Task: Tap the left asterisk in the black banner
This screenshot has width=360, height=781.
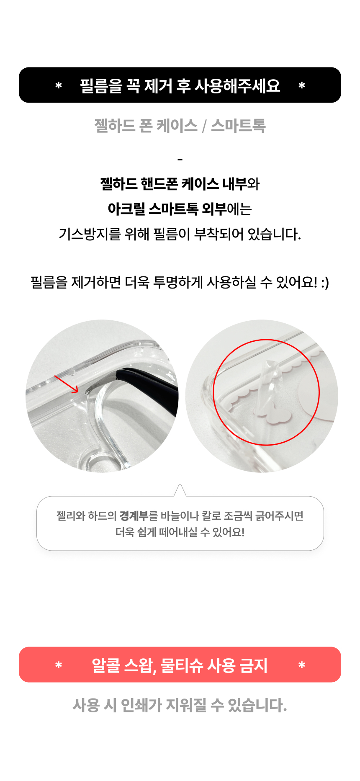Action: tap(59, 86)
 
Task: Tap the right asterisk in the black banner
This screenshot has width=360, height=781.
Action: tap(302, 86)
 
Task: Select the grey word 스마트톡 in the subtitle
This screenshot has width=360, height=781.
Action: tap(238, 126)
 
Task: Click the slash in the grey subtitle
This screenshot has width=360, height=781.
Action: tap(204, 126)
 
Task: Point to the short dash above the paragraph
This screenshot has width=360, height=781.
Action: tap(180, 160)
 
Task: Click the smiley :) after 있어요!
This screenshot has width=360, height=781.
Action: tap(325, 283)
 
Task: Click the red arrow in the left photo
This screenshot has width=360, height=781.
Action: tap(67, 384)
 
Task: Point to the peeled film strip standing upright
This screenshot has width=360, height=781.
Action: tap(267, 383)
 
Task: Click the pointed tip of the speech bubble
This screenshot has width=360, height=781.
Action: tap(180, 487)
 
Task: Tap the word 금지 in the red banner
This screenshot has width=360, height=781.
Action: tap(253, 665)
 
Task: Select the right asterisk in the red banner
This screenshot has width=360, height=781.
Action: tap(302, 665)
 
